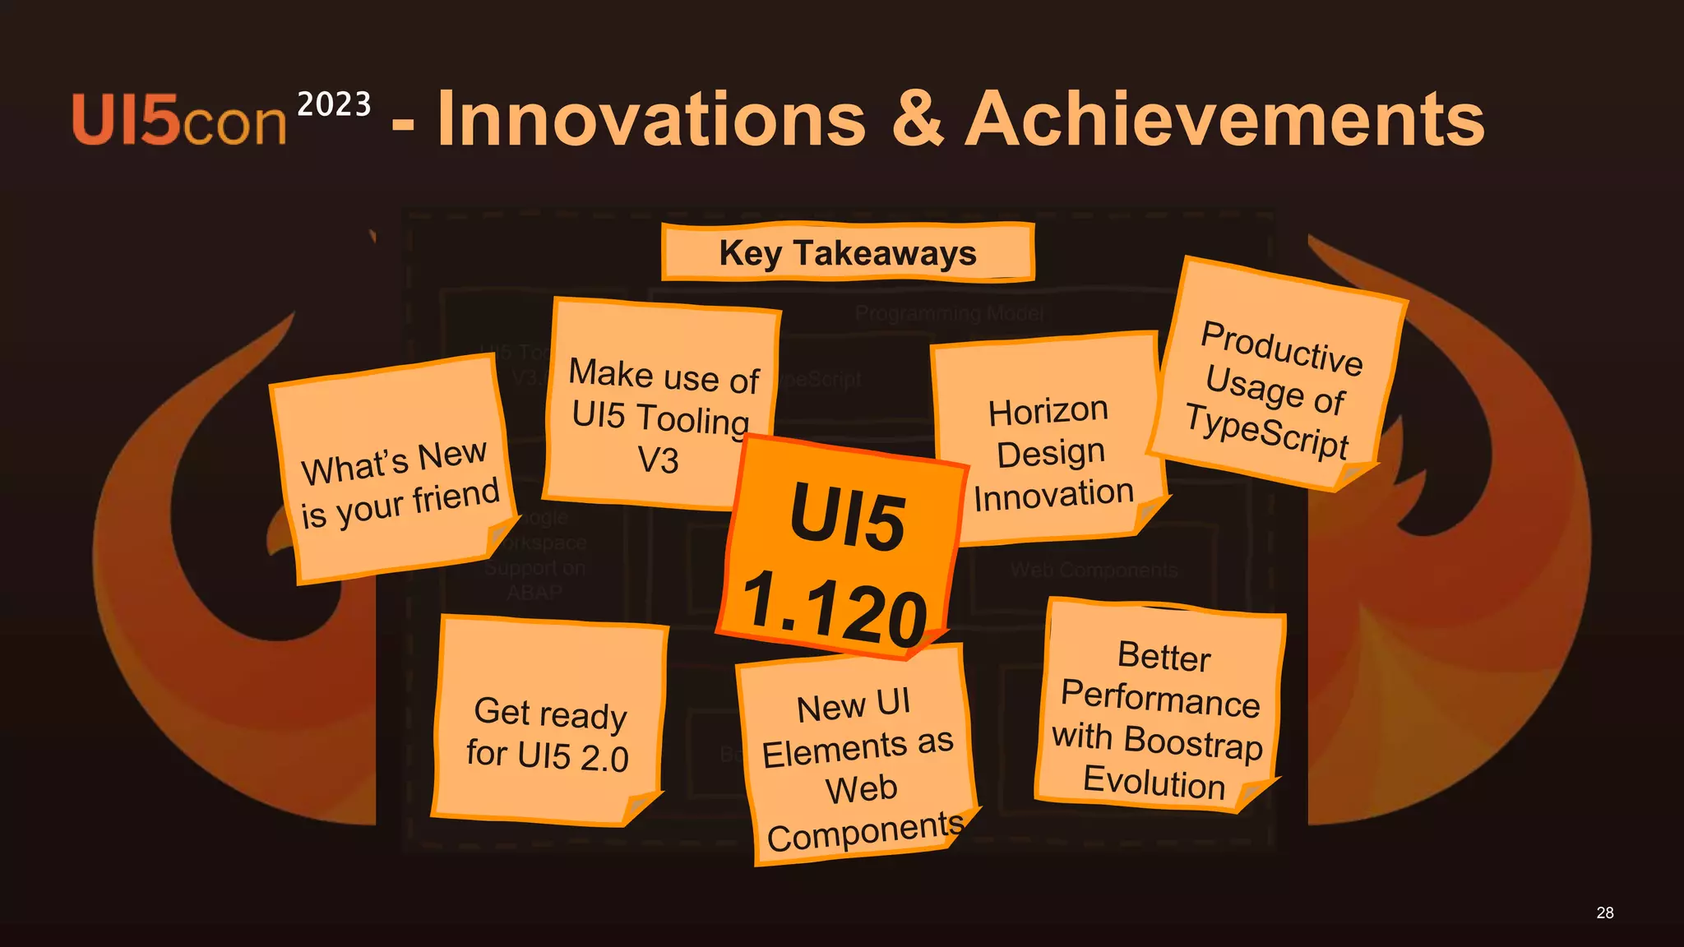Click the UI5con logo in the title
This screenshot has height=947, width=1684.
click(x=179, y=121)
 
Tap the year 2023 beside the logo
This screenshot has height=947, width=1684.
click(x=334, y=104)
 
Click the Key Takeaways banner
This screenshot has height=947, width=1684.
click(x=848, y=252)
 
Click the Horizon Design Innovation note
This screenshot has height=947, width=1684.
click(x=1051, y=444)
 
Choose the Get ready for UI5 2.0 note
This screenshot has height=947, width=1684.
click(x=548, y=723)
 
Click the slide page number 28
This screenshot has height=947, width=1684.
click(x=1605, y=912)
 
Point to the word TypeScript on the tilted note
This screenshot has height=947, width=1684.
click(x=1267, y=432)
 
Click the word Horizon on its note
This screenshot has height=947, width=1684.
click(x=1048, y=411)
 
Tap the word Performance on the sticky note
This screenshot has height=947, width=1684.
click(x=1160, y=698)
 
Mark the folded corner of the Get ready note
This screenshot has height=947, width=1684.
click(x=641, y=808)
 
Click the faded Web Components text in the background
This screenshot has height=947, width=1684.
click(x=1094, y=570)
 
